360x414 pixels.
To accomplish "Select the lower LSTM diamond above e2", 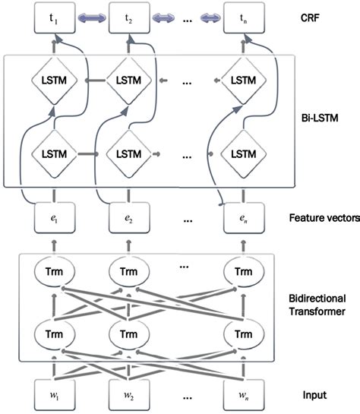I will click(126, 153).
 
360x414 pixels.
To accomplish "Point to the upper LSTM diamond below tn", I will click(242, 79).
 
